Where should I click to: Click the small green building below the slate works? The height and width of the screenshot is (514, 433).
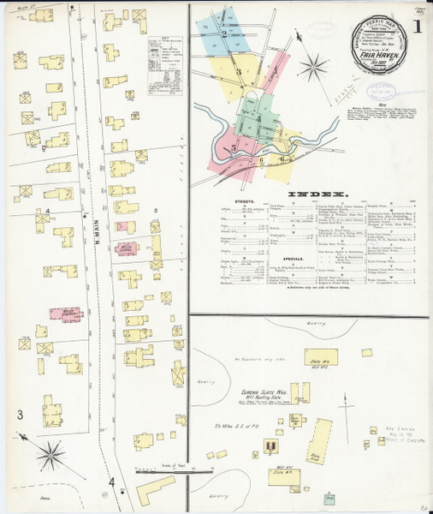[x=329, y=498]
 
